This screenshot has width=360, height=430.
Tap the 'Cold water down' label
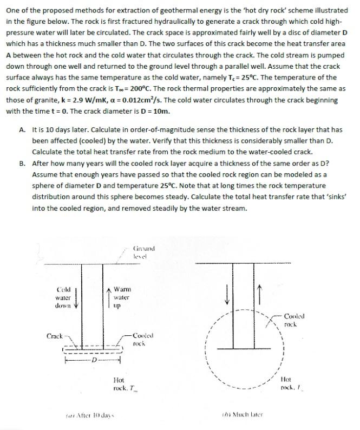(63, 297)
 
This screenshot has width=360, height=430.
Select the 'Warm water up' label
(121, 297)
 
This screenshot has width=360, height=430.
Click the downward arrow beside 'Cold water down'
(81, 297)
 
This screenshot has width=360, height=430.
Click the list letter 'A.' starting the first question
(22, 130)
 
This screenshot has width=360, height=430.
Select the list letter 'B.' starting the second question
(22, 163)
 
